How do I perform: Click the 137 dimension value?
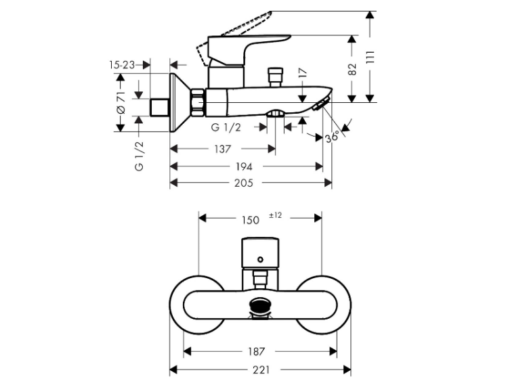[x=223, y=150]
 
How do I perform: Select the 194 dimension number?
[x=244, y=166]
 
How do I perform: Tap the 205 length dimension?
[x=244, y=183]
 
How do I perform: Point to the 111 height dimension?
[x=371, y=58]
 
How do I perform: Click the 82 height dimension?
[x=352, y=69]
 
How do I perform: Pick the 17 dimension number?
[x=302, y=73]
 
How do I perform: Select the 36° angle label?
[x=333, y=137]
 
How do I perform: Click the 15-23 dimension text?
[x=122, y=65]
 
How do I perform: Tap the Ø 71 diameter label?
[x=121, y=102]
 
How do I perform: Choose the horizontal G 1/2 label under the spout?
[x=226, y=127]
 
